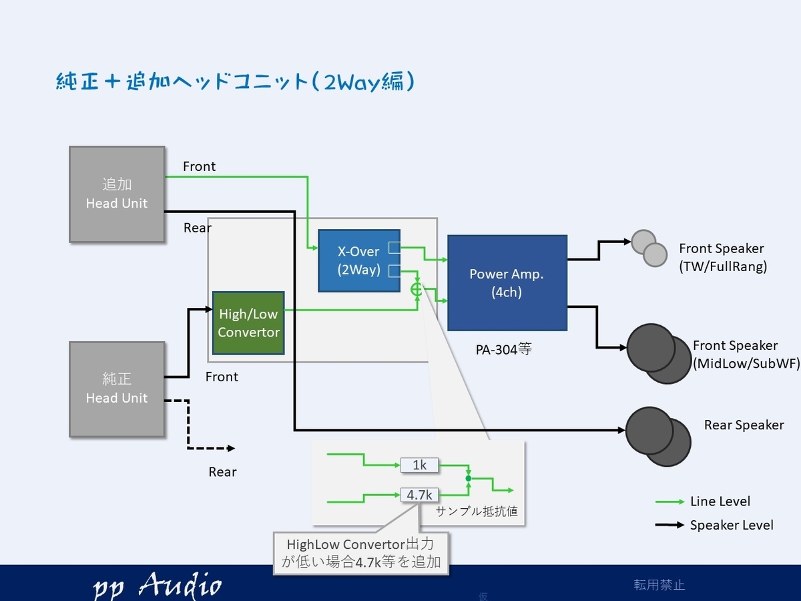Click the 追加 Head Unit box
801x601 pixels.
pyautogui.click(x=117, y=194)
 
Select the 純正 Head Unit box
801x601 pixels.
pyautogui.click(x=117, y=389)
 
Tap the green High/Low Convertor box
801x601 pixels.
pyautogui.click(x=248, y=323)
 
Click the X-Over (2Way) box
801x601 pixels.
pyautogui.click(x=359, y=260)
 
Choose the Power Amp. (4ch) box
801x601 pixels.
pyautogui.click(x=507, y=282)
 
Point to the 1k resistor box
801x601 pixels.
pyautogui.click(x=419, y=465)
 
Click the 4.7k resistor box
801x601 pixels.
pyautogui.click(x=419, y=495)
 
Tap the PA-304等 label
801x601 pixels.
pyautogui.click(x=503, y=349)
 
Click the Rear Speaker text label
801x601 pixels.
pyautogui.click(x=744, y=425)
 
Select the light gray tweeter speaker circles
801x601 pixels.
pyautogui.click(x=649, y=248)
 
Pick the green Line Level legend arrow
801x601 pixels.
pyautogui.click(x=670, y=502)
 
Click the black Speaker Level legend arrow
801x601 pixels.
pyautogui.click(x=670, y=525)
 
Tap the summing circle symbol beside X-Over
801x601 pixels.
pyautogui.click(x=417, y=290)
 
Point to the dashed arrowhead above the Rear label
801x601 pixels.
pyautogui.click(x=231, y=448)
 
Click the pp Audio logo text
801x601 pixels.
pyautogui.click(x=157, y=586)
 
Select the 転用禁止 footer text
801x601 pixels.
pyautogui.click(x=659, y=584)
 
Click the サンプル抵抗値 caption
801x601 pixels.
pyautogui.click(x=477, y=512)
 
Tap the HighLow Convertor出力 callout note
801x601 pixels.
pyautogui.click(x=361, y=553)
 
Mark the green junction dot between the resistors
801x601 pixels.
pyautogui.click(x=469, y=478)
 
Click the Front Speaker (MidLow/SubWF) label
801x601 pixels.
pyautogui.click(x=746, y=355)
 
